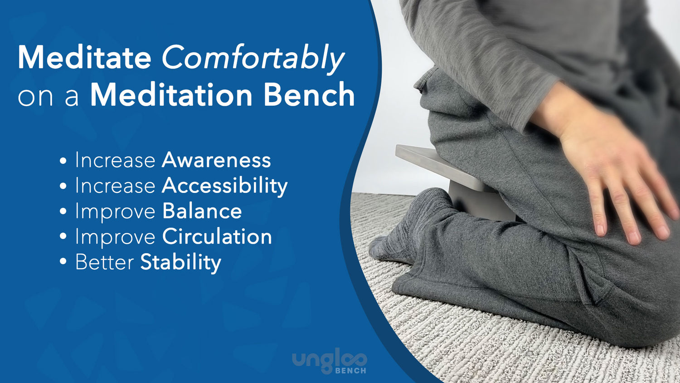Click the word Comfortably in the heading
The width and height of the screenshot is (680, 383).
[x=253, y=58]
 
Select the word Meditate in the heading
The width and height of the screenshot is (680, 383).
[x=84, y=58]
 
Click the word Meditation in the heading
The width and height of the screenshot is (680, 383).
[x=171, y=95]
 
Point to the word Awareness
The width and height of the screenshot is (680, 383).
[x=216, y=160]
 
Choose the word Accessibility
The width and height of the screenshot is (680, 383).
[x=224, y=186]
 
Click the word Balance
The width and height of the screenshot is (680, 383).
[x=202, y=211]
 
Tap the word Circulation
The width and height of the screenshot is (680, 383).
[x=217, y=237]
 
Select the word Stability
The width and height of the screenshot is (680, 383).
[x=180, y=263]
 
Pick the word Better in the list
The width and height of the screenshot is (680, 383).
[x=104, y=263]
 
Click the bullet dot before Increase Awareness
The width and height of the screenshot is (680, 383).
[x=63, y=161]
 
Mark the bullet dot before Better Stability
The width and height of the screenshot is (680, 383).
[x=63, y=262]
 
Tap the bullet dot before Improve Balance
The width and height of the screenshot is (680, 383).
[x=63, y=211]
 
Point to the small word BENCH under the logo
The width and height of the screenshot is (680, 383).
[x=350, y=371]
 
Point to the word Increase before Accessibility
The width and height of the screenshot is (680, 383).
[x=115, y=186]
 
